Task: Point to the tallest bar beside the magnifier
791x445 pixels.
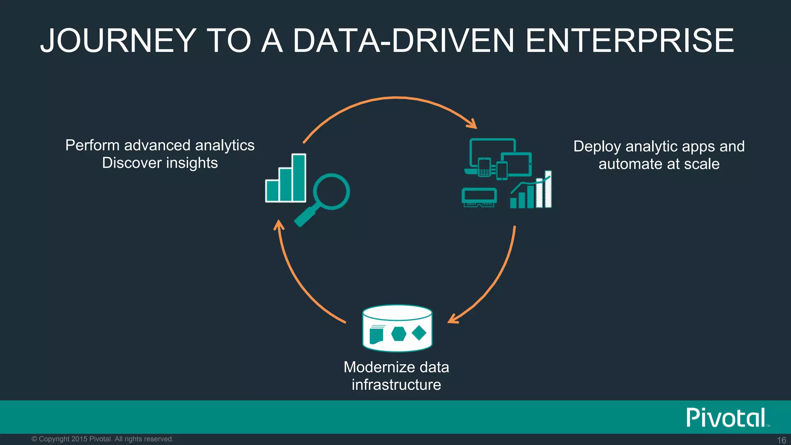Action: point(299,177)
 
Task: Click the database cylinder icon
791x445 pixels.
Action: point(397,328)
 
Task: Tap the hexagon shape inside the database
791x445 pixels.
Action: point(399,333)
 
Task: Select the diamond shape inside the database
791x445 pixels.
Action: point(419,333)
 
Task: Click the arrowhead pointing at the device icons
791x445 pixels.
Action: point(472,124)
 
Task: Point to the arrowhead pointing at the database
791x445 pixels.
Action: point(453,319)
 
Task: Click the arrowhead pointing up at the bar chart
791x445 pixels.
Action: point(278,224)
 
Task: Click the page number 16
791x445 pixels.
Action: point(781,440)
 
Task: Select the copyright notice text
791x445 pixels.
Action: point(102,439)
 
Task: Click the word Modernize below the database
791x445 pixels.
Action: point(380,367)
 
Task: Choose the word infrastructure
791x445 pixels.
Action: point(396,385)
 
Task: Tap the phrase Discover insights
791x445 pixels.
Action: point(160,163)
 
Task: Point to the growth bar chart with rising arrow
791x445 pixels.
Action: point(531,191)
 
